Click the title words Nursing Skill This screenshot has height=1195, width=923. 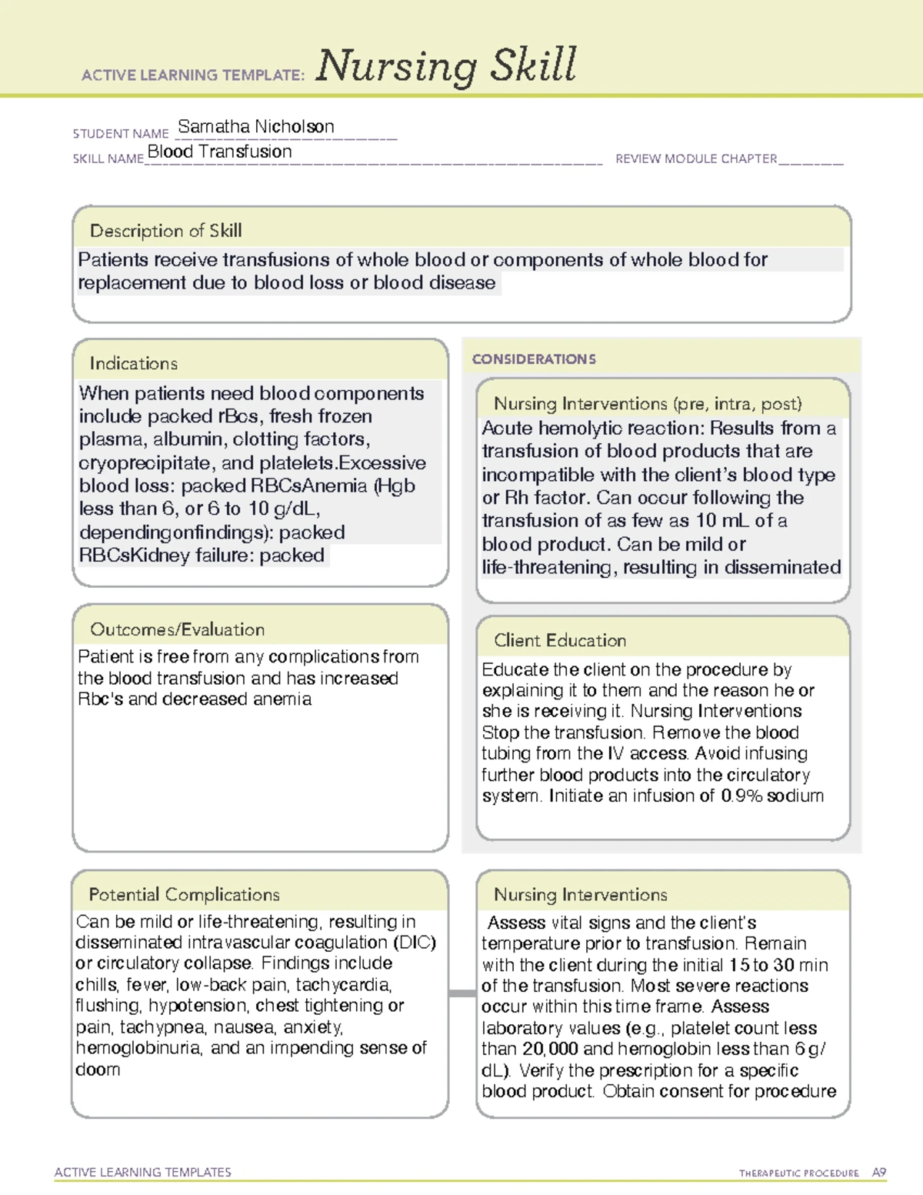click(445, 65)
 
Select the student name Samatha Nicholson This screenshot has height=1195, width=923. click(255, 126)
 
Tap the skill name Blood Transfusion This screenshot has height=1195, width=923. click(219, 152)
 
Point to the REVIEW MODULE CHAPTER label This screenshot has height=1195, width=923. click(696, 159)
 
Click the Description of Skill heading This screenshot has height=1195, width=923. click(165, 231)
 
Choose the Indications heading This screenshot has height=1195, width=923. click(133, 363)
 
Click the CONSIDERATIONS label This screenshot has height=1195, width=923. click(534, 359)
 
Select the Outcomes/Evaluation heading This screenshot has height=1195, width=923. click(177, 629)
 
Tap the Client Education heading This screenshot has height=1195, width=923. click(559, 640)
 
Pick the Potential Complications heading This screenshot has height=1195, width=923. click(184, 894)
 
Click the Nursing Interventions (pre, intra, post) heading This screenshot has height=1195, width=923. click(648, 404)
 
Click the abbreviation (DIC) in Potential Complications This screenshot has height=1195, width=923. click(415, 943)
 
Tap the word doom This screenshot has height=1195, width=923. click(98, 1070)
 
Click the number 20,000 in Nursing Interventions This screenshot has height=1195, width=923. click(550, 1049)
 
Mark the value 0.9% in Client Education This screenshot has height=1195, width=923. click(741, 796)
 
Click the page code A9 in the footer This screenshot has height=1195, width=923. click(878, 1173)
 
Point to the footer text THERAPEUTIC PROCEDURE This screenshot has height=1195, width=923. click(798, 1173)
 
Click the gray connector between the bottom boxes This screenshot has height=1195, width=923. click(462, 993)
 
